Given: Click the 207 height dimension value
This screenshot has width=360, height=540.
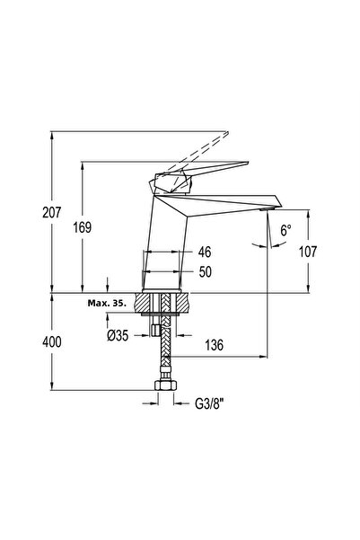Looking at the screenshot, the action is tap(52, 212).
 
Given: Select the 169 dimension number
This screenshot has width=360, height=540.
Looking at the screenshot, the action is tap(83, 227).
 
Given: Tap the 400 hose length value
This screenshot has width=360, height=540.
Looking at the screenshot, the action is tap(52, 342).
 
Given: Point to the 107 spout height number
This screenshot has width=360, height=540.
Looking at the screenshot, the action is tap(308, 252).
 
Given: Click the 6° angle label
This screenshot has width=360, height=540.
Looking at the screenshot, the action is tap(285, 230).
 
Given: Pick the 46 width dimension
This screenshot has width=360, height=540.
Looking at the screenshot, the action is tap(205, 252).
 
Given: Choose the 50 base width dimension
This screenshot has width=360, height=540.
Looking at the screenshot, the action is tap(205, 271).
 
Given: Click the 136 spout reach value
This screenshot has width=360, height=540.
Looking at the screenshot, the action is tap(214, 345).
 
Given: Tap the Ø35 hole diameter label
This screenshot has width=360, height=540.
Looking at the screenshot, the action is tap(118, 335).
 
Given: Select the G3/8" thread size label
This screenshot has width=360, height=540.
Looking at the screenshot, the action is tap(209, 403).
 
